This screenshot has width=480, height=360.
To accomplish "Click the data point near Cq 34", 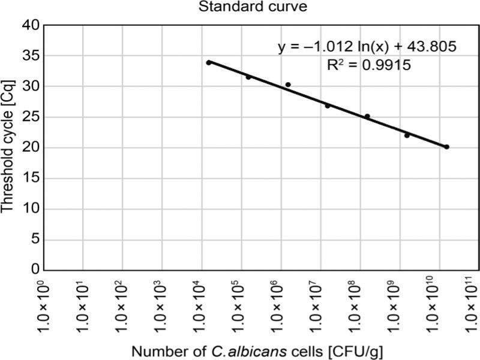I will pos(209,62).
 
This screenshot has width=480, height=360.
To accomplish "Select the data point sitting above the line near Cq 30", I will pos(288,85).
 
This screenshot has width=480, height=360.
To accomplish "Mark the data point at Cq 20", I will pos(446,146).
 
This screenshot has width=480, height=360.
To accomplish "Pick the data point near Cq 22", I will pos(407,136).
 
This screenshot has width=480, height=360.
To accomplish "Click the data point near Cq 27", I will pos(328,106).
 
